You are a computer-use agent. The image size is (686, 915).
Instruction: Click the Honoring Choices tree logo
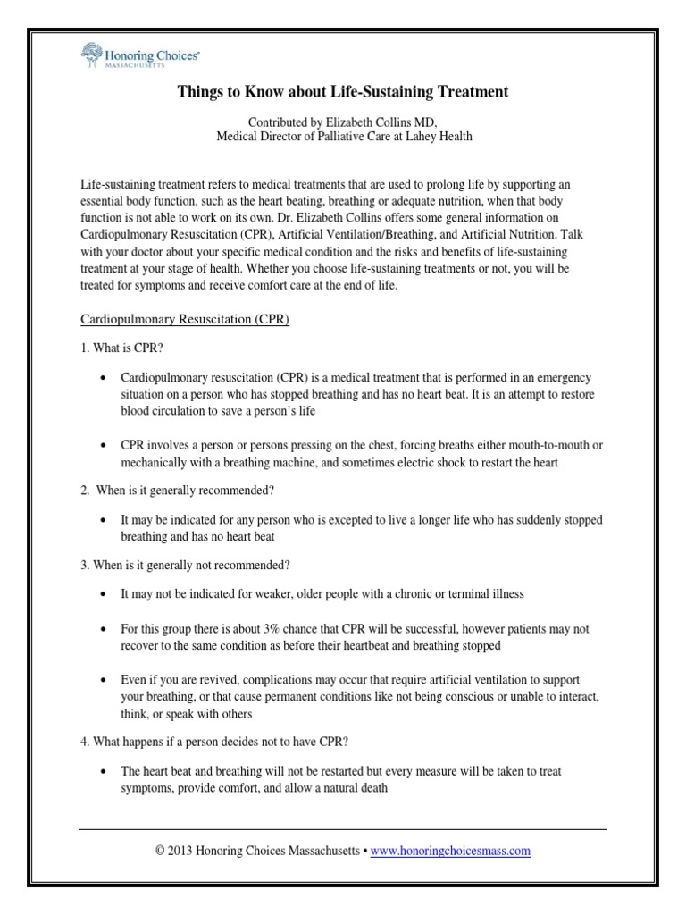pos(90,55)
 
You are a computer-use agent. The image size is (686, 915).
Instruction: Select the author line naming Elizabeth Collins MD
pos(342,122)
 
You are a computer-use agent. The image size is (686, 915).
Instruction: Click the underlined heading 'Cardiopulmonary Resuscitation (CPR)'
pos(184,321)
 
